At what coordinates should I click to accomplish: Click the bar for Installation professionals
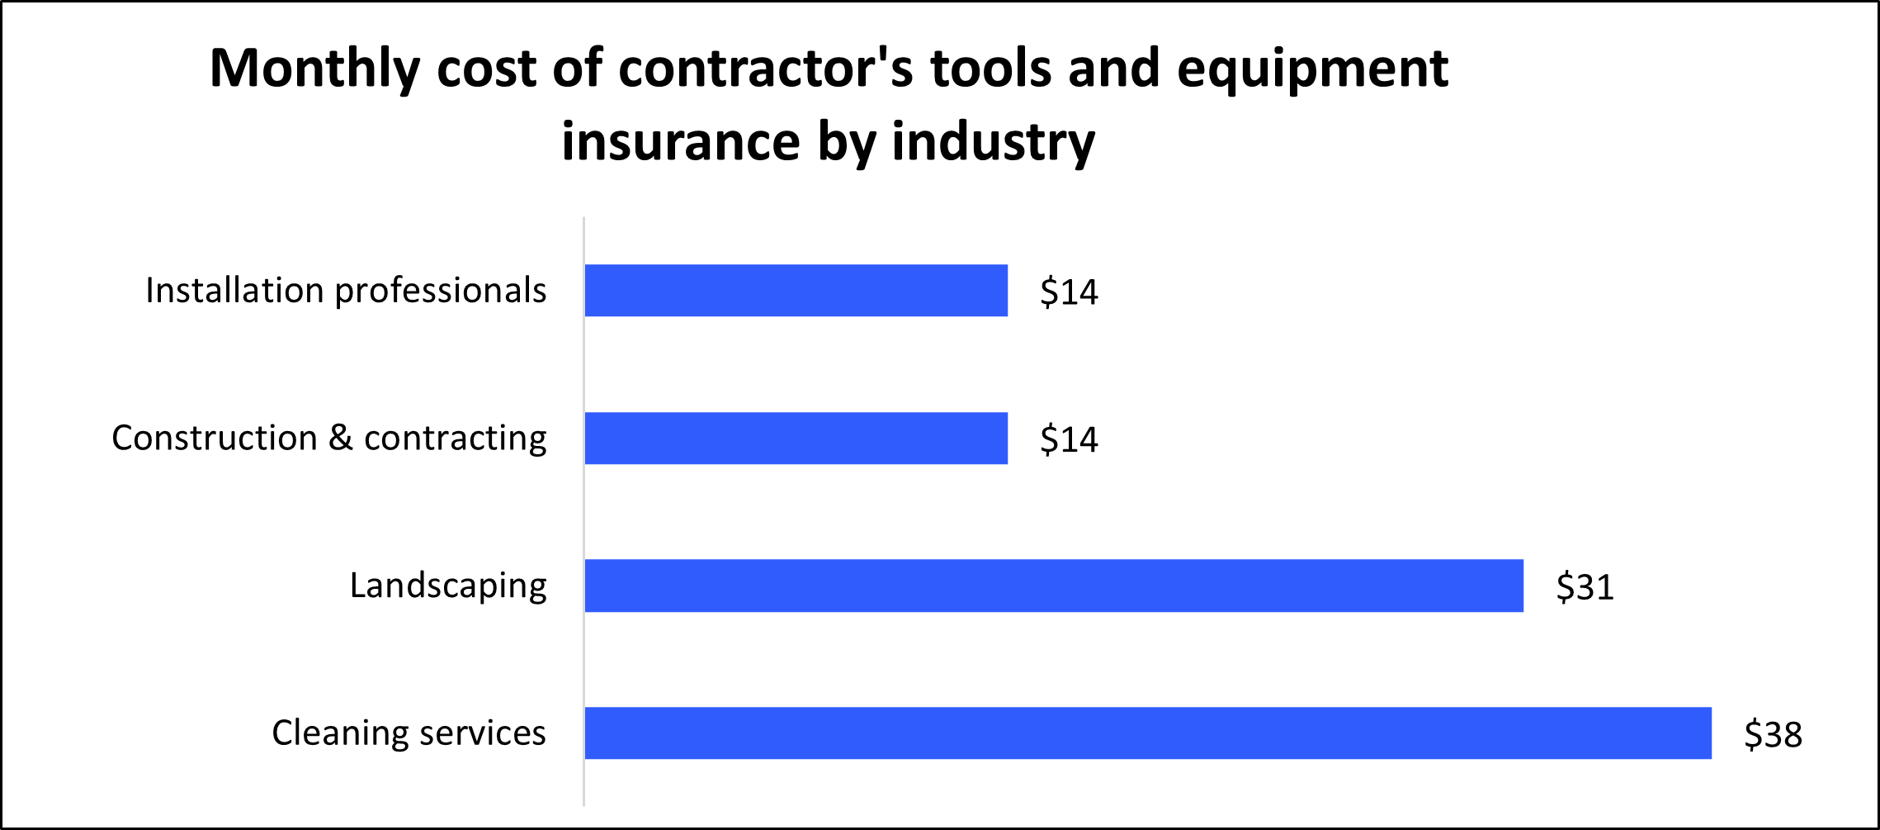(x=796, y=291)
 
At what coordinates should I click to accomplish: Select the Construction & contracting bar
(x=796, y=439)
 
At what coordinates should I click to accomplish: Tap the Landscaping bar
(x=1053, y=586)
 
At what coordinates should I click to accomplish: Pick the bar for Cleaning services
(x=1147, y=733)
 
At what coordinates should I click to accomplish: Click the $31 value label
(x=1585, y=587)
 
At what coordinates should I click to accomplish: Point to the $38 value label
(x=1773, y=734)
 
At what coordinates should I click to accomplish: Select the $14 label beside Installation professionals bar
(x=1069, y=292)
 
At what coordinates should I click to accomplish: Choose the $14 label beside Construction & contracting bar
(x=1069, y=439)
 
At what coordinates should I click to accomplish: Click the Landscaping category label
(x=448, y=586)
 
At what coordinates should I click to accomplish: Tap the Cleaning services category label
(x=409, y=733)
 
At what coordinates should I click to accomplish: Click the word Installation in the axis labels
(x=234, y=291)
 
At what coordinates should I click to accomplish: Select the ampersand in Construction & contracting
(x=340, y=438)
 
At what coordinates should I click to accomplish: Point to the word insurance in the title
(x=680, y=142)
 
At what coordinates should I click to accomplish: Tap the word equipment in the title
(x=1312, y=69)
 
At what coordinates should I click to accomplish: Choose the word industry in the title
(x=993, y=142)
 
